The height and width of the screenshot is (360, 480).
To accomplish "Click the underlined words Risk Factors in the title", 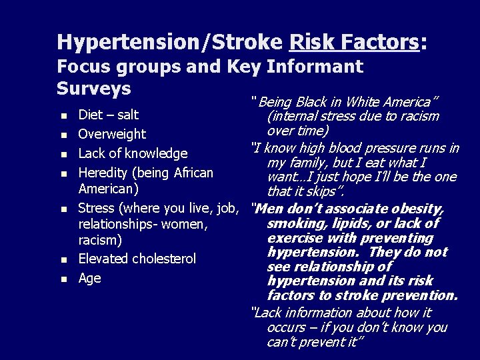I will pos(355,42).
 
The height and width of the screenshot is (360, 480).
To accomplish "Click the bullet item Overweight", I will pos(112,134).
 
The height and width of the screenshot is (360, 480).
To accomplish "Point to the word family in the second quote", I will pos(307,163).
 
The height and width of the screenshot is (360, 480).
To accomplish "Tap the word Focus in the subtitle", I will pos(81,66).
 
